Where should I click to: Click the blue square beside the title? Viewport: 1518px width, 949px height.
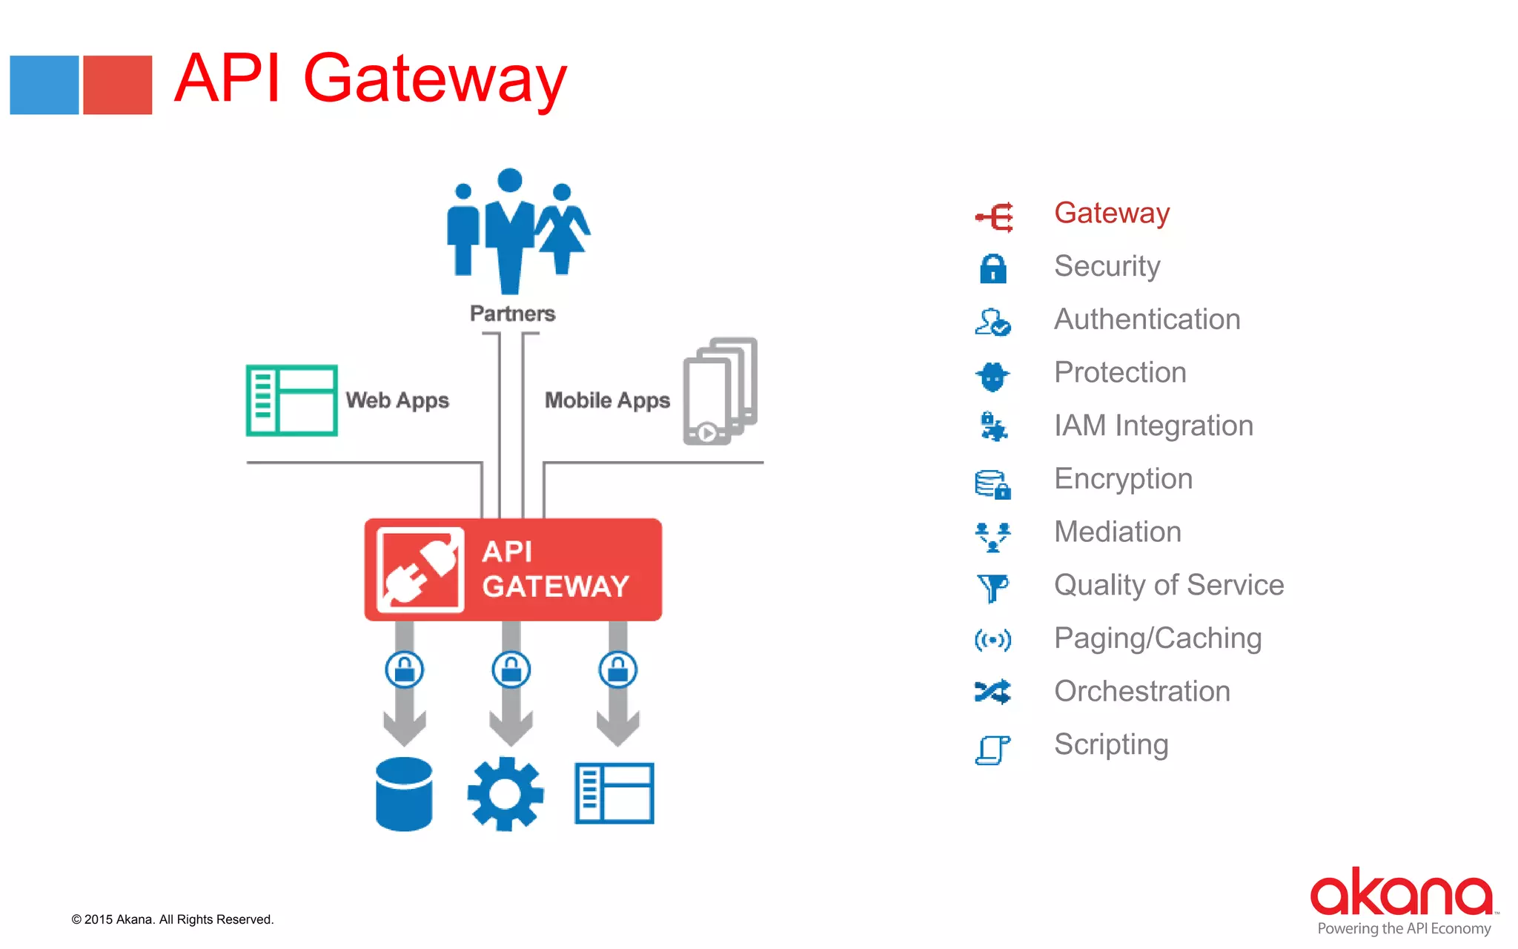tap(44, 85)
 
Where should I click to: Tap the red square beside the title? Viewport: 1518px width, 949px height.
tap(117, 85)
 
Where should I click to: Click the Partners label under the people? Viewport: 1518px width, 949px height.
tap(512, 314)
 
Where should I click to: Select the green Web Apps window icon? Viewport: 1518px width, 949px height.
tap(291, 400)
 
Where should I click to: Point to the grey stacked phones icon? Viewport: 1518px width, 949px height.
tap(720, 391)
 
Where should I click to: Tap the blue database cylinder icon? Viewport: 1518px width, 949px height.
tap(404, 793)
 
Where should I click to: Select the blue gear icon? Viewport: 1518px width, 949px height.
tap(506, 793)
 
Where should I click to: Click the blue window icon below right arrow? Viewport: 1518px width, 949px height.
tap(614, 793)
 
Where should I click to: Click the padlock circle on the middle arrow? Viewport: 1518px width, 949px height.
tap(511, 670)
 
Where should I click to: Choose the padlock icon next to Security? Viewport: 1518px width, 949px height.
tap(992, 268)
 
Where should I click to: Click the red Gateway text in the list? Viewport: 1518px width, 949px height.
tap(1111, 214)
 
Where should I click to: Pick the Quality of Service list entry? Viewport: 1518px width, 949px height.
tap(1168, 585)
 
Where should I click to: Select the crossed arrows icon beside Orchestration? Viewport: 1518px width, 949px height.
tap(992, 692)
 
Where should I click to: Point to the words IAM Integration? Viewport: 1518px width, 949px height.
tap(1153, 426)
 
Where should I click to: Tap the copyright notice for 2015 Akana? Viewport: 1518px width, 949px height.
tap(173, 919)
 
